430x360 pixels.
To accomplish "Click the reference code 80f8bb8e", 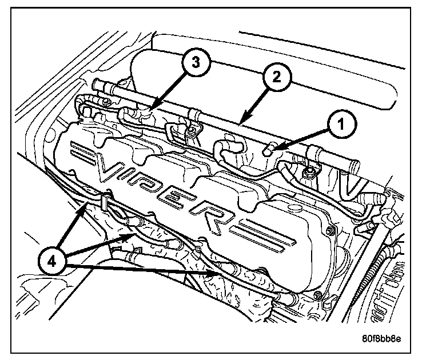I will coord(381,338).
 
